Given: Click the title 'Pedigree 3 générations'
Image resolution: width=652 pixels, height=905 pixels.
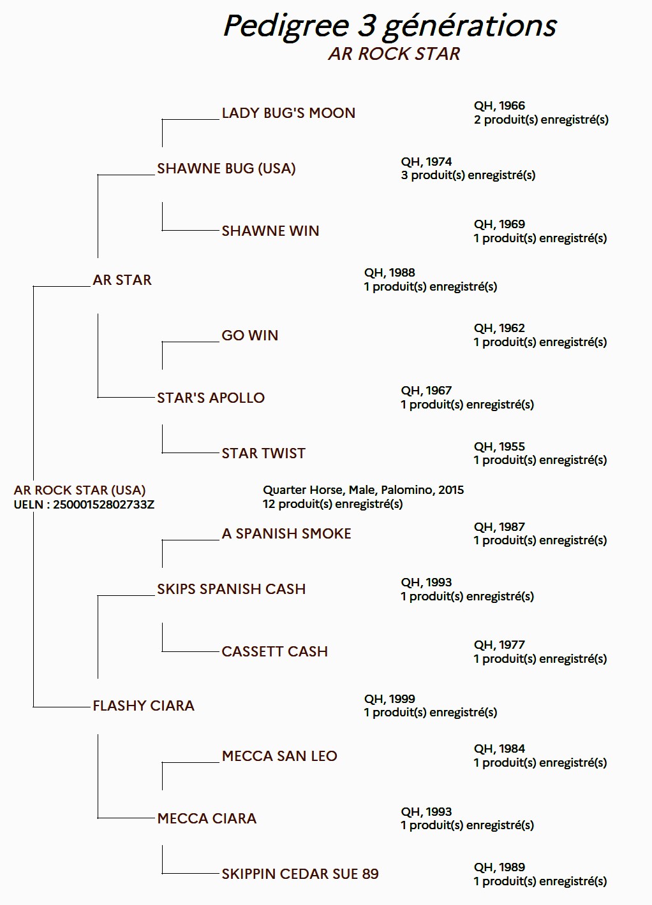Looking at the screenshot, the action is click(x=390, y=27).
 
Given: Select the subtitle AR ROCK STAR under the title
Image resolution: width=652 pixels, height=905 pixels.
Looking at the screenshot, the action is click(x=394, y=54).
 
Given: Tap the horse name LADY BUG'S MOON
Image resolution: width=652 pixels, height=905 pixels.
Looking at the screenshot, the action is click(x=288, y=113).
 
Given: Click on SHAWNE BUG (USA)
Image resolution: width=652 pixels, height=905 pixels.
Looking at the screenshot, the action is click(x=226, y=168).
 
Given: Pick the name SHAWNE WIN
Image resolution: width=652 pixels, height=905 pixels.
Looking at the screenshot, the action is click(x=270, y=231).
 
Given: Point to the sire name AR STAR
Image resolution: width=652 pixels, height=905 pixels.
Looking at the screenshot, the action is click(x=122, y=280).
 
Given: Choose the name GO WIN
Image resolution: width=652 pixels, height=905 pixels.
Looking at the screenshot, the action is click(x=249, y=335).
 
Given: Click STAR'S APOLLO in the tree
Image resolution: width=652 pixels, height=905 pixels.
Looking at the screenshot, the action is click(x=211, y=398).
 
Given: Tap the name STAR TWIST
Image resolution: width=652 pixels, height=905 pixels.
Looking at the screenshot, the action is click(x=263, y=453).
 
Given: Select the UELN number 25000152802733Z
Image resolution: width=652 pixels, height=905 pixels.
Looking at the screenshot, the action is click(x=103, y=505).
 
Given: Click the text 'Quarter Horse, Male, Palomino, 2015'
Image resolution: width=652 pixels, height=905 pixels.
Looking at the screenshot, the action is click(x=363, y=490).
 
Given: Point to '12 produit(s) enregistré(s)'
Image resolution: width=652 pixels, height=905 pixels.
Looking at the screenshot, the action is click(x=332, y=504).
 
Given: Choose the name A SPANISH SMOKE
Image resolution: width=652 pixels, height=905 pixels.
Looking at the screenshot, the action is click(x=286, y=533).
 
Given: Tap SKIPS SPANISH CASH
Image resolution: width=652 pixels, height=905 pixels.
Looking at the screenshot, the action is click(x=232, y=589).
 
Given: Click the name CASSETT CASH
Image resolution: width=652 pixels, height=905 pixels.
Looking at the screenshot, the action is click(x=274, y=652).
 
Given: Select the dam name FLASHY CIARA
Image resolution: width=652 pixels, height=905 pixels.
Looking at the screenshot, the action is click(x=144, y=706).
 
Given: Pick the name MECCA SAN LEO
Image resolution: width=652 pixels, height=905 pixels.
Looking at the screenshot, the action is click(x=279, y=756).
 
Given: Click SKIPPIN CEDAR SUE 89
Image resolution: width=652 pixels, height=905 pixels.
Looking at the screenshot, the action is click(x=300, y=874).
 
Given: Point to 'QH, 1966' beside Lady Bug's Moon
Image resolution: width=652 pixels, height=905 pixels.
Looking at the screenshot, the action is click(x=500, y=106).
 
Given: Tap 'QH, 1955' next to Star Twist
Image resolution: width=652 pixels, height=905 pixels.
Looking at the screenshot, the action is click(x=500, y=447).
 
